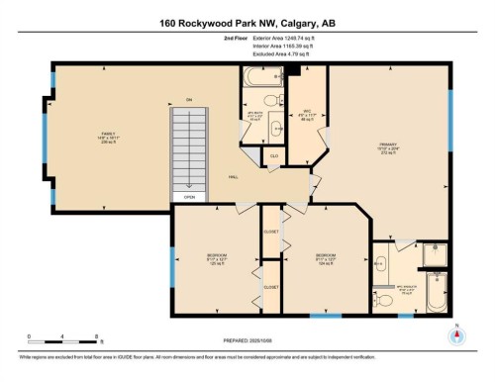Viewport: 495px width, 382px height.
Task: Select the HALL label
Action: pyautogui.click(x=234, y=178)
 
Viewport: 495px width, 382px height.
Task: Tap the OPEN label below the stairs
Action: pyautogui.click(x=188, y=197)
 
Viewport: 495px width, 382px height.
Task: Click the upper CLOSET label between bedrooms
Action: pyautogui.click(x=271, y=232)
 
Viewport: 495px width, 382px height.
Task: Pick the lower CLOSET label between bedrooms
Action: pyautogui.click(x=271, y=286)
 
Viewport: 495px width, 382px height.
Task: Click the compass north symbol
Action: pyautogui.click(x=455, y=334)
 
